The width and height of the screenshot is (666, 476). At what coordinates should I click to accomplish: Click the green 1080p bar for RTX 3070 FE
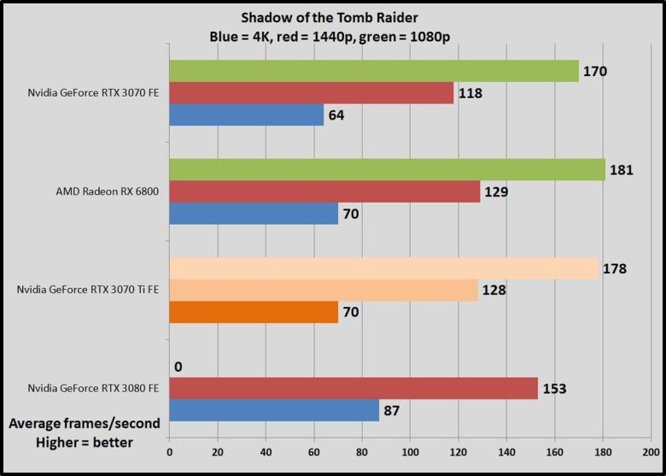coord(374,70)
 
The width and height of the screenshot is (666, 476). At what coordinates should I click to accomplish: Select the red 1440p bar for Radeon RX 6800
coord(324,191)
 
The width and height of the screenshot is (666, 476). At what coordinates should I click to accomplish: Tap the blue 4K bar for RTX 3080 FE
coord(274,411)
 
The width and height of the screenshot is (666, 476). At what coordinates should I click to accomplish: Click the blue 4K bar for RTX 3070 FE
coord(247,115)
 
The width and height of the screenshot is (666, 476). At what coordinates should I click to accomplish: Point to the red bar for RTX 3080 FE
coord(353,389)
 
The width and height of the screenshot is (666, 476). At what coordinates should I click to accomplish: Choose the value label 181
coord(621,170)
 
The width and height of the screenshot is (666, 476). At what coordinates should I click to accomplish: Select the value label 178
coord(615,268)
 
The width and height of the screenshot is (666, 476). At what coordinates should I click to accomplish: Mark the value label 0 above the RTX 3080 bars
coord(178,367)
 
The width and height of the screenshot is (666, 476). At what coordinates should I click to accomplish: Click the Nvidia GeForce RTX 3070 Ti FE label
coord(89,291)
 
